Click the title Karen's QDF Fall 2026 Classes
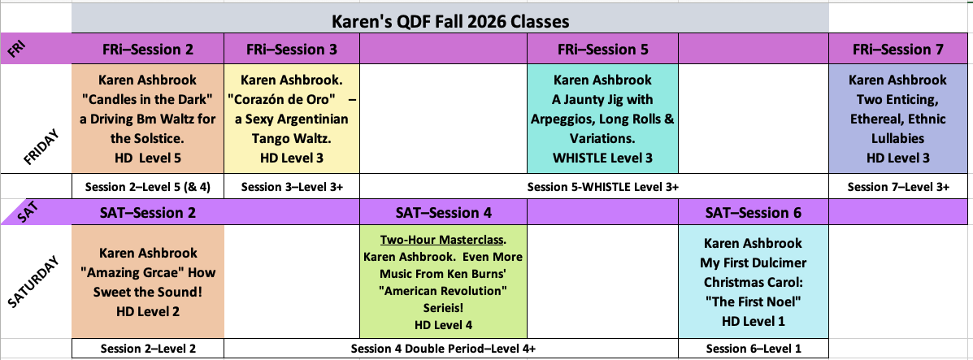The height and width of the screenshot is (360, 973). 450,22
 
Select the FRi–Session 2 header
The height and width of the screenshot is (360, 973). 148,49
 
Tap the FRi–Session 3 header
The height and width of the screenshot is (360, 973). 292,49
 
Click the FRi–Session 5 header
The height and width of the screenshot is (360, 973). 602,49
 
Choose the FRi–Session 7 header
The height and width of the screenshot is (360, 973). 898,49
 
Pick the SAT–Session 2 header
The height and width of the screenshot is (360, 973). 148,213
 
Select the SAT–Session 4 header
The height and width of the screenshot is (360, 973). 444,213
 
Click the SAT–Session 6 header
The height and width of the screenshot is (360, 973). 754,213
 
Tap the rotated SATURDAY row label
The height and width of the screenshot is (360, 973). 36,281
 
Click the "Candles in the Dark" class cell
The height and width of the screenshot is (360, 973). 148,119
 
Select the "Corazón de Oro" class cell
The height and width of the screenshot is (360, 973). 292,119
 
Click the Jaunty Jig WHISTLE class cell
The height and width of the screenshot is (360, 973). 602,119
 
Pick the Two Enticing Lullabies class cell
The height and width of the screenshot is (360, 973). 898,119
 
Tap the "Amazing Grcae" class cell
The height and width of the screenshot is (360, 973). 148,282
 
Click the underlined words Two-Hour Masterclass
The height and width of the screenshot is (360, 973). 443,239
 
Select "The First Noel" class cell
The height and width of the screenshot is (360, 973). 753,282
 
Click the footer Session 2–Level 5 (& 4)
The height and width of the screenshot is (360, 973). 148,186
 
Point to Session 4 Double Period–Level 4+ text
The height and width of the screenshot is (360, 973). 443,348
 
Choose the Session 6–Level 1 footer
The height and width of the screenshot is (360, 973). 753,348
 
